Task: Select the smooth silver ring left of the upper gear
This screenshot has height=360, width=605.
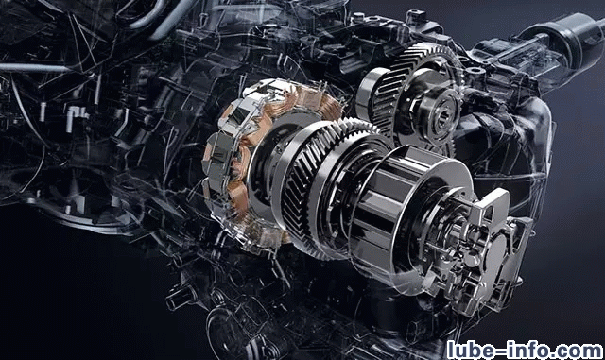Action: (x=370, y=93)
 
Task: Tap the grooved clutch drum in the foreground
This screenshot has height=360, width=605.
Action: (x=401, y=204)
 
